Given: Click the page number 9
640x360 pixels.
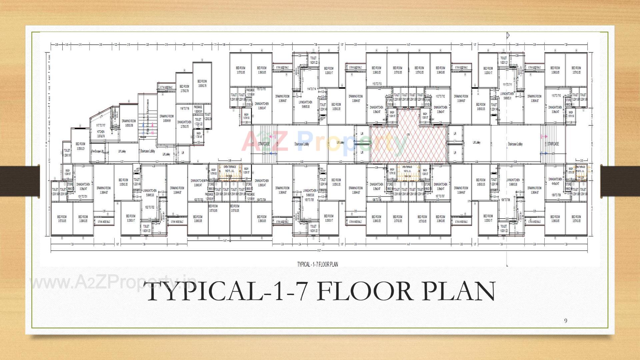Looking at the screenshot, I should click(565, 321).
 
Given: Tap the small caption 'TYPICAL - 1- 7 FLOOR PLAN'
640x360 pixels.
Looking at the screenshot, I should click(317, 264).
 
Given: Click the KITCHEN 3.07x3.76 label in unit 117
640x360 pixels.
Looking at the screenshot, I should click(101, 134).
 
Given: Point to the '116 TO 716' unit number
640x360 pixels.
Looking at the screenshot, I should click(184, 109).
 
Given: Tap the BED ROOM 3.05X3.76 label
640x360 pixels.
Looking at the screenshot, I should click(202, 83).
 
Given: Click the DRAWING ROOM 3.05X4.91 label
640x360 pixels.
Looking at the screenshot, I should click(166, 118).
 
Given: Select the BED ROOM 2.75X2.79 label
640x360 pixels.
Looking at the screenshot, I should click(184, 88).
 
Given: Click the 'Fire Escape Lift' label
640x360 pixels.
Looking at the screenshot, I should click(97, 151).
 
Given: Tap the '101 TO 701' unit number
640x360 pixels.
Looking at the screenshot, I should click(83, 197).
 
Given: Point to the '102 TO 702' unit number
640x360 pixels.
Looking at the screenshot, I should click(150, 207).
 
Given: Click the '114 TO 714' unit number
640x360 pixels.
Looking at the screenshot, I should click(311, 89).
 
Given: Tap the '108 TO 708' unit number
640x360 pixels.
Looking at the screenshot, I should click(505, 200).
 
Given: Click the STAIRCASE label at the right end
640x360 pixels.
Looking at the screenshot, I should click(553, 144).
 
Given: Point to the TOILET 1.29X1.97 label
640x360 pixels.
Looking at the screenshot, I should click(67, 153).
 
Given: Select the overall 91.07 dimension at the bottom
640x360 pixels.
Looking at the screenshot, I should click(319, 250).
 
